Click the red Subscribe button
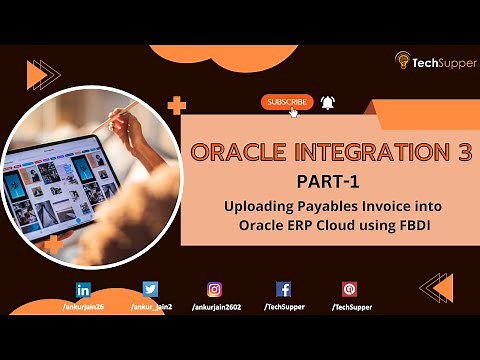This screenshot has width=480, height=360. [287, 102]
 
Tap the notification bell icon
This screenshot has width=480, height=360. [328, 102]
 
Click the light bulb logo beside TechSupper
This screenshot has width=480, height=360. [402, 60]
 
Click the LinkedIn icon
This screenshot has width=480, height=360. [83, 290]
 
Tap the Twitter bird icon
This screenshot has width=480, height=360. [150, 290]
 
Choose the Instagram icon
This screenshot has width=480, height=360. [214, 290]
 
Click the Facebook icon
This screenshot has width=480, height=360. [283, 290]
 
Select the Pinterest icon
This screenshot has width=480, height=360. [349, 290]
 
